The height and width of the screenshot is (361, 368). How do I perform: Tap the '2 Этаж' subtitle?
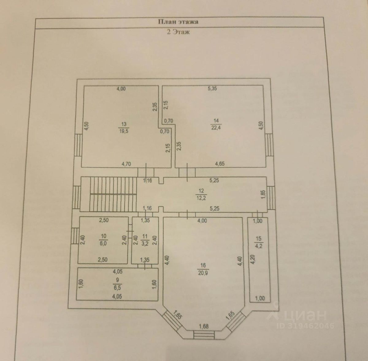(178, 32)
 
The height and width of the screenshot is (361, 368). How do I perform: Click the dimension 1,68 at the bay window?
(204, 326)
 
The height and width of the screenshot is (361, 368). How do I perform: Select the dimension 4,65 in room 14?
(220, 164)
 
